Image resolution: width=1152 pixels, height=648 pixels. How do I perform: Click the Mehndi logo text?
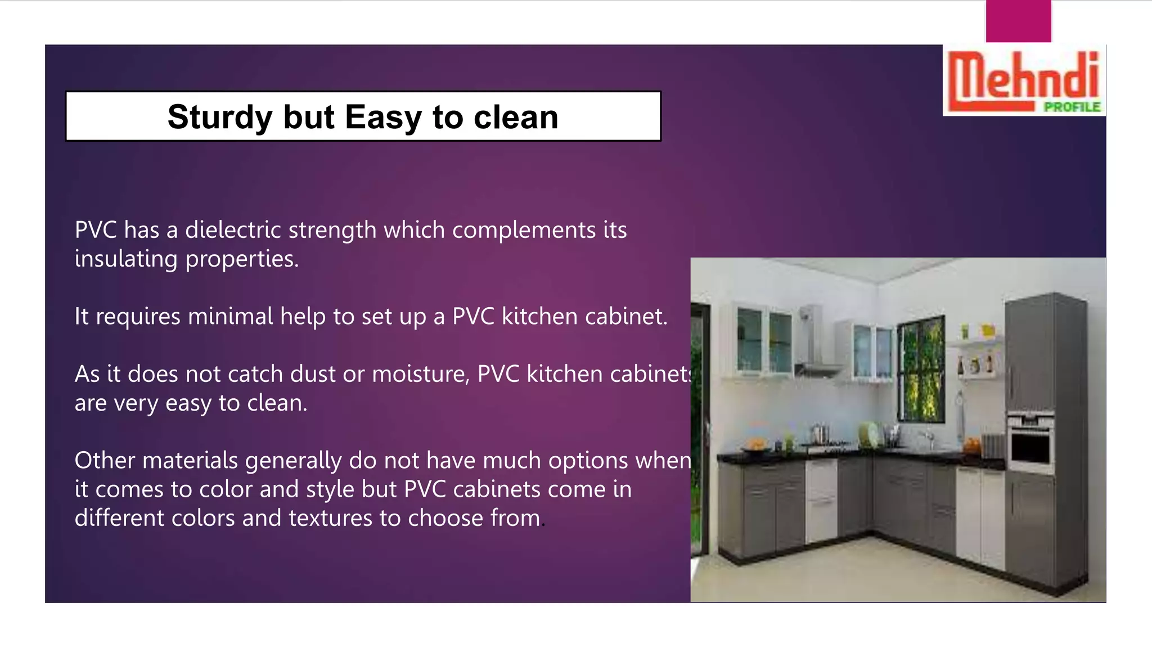click(1023, 76)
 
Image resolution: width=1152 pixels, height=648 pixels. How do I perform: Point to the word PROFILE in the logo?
click(1072, 107)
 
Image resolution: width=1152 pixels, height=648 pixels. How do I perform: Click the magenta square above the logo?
click(1018, 21)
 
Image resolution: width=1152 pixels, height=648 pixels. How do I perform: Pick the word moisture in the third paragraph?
click(420, 374)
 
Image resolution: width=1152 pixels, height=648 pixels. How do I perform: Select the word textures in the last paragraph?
click(330, 518)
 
